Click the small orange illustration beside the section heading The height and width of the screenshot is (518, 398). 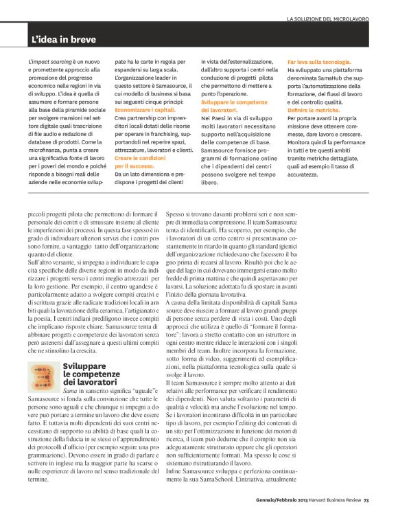43,377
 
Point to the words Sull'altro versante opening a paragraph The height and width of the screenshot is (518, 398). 51,262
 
